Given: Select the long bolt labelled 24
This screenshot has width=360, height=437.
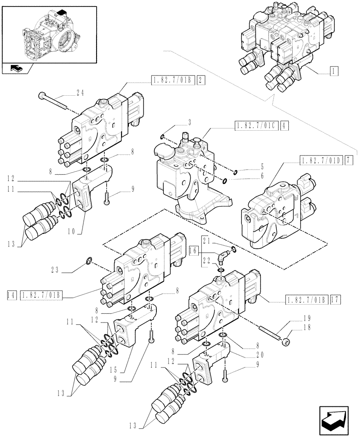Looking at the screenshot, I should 52,101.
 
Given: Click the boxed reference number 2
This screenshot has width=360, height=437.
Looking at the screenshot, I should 199,80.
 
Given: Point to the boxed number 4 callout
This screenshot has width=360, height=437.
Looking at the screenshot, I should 285,126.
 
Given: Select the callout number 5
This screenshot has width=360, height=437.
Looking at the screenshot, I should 262,166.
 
